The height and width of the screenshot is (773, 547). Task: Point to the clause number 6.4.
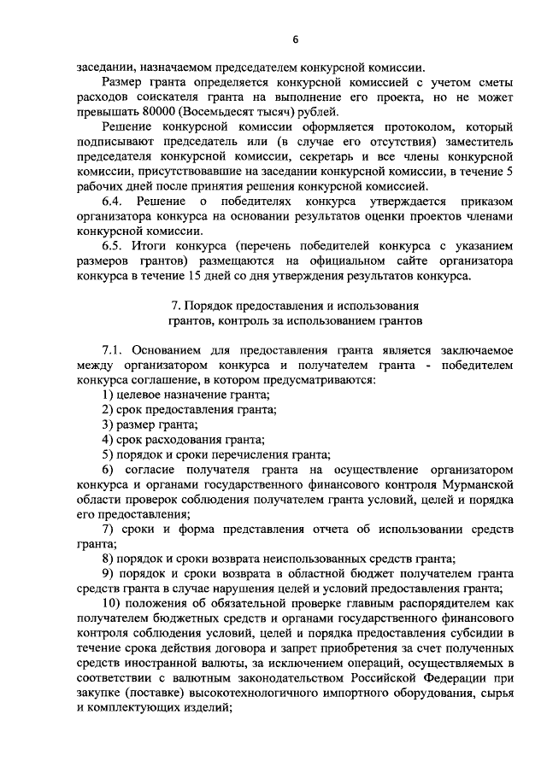[x=112, y=202]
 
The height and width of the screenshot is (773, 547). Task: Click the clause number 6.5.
[x=112, y=246]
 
